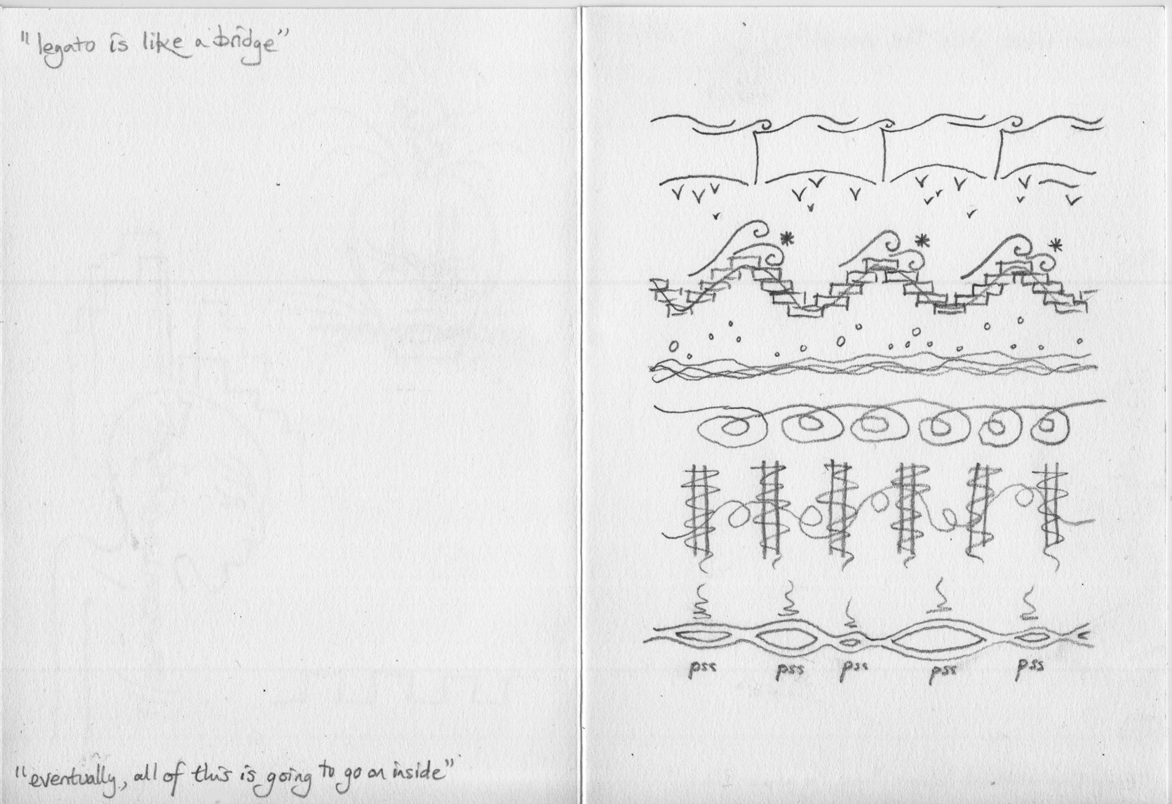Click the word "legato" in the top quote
65,49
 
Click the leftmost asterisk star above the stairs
786,239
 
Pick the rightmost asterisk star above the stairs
1057,245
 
